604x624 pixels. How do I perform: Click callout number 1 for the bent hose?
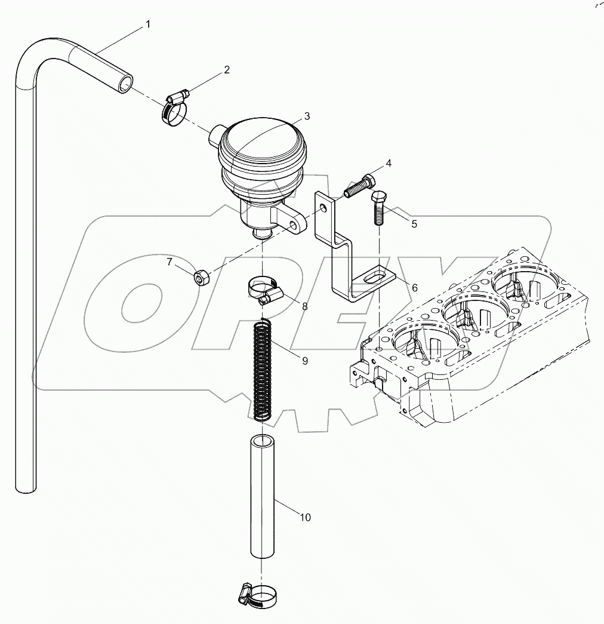point(148,24)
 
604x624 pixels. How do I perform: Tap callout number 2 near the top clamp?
point(226,70)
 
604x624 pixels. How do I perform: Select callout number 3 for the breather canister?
point(306,115)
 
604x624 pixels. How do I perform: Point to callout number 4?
point(389,163)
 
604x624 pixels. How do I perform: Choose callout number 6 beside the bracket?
point(414,287)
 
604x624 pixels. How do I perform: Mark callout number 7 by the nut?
point(169,262)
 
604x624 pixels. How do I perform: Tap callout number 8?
point(304,306)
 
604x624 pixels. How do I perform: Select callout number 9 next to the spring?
point(304,361)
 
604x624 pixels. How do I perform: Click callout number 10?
point(305,517)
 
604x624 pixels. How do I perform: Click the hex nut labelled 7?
point(202,277)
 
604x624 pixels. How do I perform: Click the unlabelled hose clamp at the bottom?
point(260,594)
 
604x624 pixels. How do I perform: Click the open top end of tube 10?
point(260,442)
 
